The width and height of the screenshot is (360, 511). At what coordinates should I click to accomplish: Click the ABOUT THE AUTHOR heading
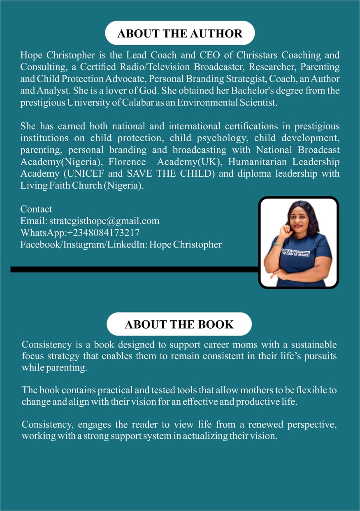(180, 33)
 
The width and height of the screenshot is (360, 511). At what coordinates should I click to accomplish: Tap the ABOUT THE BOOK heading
(179, 324)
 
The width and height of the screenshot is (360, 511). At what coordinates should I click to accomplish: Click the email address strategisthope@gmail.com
(105, 221)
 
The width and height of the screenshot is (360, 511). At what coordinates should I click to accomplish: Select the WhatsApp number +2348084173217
(104, 233)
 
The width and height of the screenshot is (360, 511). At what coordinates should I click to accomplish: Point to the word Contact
(36, 209)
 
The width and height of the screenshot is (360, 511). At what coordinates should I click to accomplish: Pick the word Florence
(127, 162)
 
